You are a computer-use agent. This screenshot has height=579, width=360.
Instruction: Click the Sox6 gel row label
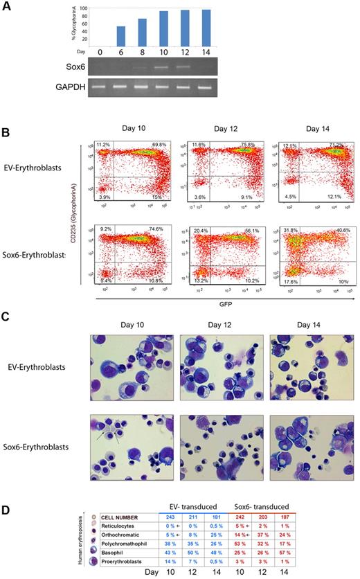point(105,68)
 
